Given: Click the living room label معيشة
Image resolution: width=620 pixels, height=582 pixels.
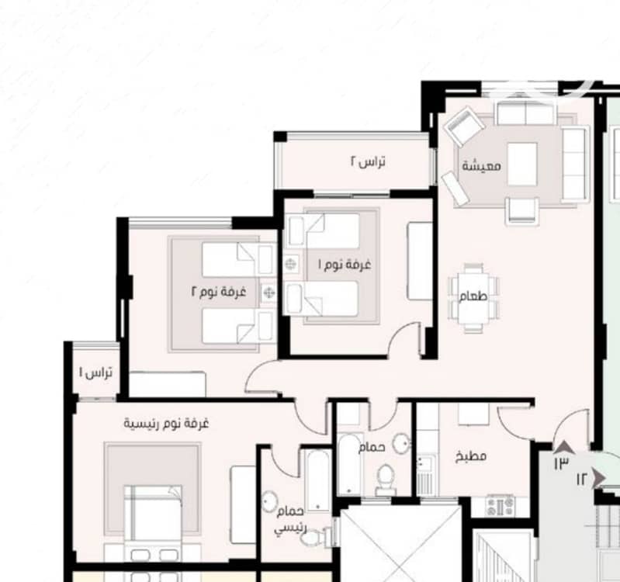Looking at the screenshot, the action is [481, 165].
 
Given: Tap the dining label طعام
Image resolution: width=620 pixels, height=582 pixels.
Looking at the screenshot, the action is [473, 296].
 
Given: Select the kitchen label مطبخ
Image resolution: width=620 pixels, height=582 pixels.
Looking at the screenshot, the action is [470, 456].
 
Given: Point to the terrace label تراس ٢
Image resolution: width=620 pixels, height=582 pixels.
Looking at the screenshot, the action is [368, 161].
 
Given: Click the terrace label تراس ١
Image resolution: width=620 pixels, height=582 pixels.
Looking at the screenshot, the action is [96, 372].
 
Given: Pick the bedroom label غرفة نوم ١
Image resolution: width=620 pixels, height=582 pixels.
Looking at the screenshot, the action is [345, 265].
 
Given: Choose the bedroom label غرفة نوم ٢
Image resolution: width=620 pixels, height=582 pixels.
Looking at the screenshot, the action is [219, 292].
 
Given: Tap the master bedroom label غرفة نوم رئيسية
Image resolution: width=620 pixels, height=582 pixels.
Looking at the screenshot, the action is [166, 424].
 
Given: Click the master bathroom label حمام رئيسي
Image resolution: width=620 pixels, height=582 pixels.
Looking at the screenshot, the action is [291, 519].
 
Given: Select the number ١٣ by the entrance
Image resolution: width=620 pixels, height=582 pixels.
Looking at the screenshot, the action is [561, 462].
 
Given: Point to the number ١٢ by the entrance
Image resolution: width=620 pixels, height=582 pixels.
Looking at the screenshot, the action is [583, 480].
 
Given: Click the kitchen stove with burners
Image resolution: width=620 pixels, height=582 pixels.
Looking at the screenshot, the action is [500, 506].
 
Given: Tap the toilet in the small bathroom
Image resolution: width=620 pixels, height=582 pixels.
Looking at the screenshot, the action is [384, 480].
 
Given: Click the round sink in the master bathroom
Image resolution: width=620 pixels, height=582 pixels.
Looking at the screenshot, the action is [270, 502].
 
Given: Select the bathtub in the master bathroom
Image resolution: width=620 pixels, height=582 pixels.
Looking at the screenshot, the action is [317, 481].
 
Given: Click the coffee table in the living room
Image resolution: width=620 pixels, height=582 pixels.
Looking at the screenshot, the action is [522, 164].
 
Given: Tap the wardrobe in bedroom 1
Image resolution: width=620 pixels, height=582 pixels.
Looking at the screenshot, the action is [420, 261].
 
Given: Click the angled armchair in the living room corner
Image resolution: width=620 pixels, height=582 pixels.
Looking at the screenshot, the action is [464, 126].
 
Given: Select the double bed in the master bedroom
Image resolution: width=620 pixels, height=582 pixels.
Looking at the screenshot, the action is [153, 523].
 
